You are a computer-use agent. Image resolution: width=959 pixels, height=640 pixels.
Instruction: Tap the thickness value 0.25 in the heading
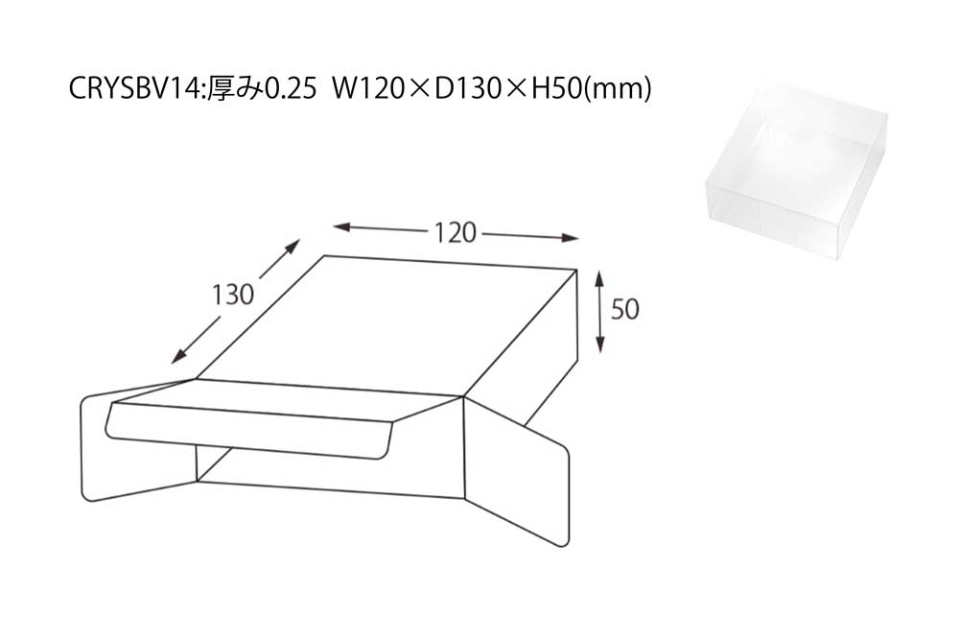click(291, 88)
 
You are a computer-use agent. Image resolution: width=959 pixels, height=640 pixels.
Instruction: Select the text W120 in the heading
click(368, 88)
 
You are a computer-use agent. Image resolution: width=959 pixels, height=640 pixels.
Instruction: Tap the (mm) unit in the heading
click(616, 89)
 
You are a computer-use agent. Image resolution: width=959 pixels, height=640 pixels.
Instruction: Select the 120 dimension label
click(455, 232)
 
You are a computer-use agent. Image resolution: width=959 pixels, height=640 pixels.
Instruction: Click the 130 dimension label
click(233, 295)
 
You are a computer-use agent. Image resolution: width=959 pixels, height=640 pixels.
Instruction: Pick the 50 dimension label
click(625, 309)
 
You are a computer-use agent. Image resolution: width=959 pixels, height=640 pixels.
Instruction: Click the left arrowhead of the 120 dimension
click(341, 227)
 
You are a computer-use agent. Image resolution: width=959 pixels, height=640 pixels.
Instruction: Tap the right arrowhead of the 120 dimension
click(570, 237)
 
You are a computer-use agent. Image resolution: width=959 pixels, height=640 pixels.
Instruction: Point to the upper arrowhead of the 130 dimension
click(292, 246)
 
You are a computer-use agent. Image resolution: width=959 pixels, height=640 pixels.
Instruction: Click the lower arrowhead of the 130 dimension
click(179, 356)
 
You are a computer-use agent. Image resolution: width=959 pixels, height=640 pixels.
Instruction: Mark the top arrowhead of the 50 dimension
click(599, 279)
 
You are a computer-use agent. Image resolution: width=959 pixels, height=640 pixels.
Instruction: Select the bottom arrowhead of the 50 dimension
click(600, 344)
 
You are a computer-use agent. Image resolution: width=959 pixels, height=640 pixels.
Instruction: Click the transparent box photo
click(795, 169)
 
